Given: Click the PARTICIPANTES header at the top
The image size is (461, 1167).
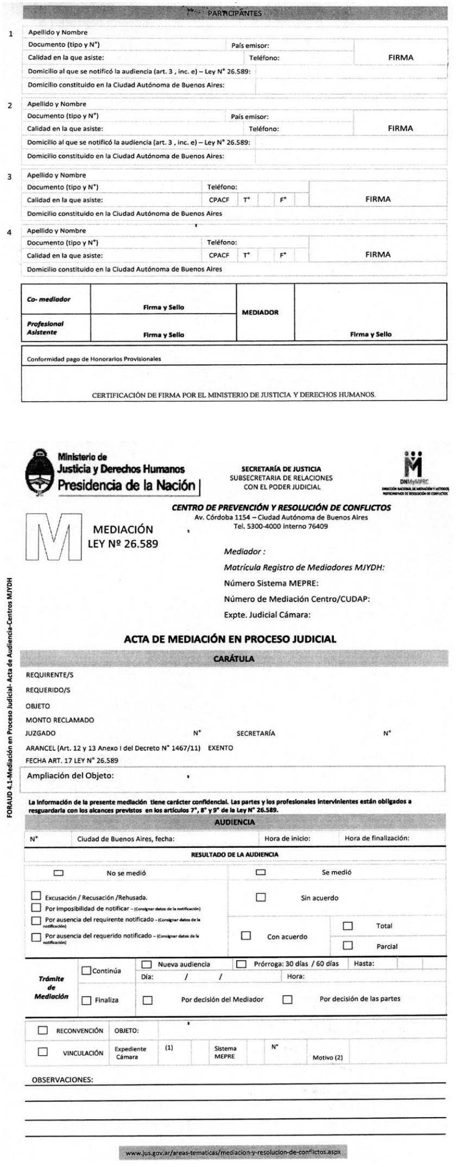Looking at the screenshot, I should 235,14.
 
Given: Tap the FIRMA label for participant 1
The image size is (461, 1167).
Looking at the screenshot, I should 400,57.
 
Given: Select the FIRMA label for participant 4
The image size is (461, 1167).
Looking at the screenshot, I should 377,254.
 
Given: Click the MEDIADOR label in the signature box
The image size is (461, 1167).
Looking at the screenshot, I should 260,313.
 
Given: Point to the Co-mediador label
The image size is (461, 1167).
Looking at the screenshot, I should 49,299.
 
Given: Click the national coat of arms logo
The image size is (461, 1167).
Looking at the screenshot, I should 40,471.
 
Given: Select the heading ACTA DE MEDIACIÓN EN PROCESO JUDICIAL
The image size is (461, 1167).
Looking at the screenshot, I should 230,639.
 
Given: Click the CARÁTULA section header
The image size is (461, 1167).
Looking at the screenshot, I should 233,658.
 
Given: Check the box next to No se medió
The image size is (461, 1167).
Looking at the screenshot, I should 59,873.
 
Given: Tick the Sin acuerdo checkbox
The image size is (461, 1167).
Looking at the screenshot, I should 261,897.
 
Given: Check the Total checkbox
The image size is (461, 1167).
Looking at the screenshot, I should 348,925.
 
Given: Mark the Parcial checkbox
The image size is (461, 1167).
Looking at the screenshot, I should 348,946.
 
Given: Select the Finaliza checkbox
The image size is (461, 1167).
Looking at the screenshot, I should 86,1000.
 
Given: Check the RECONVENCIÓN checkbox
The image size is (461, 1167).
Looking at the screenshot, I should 42,1030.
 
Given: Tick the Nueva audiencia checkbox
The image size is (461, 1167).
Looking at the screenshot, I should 146,965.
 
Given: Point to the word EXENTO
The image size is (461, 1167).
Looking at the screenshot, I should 220,747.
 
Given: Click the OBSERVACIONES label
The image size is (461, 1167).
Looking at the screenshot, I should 62,1080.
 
